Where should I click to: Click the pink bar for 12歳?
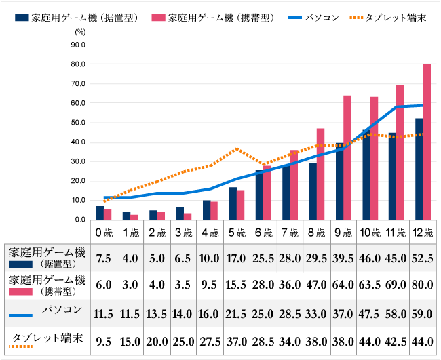pyautogui.click(x=427, y=142)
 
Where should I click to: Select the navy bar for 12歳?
pyautogui.click(x=419, y=169)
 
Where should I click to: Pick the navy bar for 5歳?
pyautogui.click(x=233, y=203)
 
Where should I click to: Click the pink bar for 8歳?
pyautogui.click(x=320, y=174)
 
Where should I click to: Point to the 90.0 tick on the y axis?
pyautogui.click(x=77, y=45)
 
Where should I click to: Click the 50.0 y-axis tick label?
pyautogui.click(x=77, y=123)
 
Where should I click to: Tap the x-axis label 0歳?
pyautogui.click(x=103, y=233)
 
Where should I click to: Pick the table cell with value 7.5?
pyautogui.click(x=103, y=258)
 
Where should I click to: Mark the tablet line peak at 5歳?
pyautogui.click(x=236, y=148)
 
